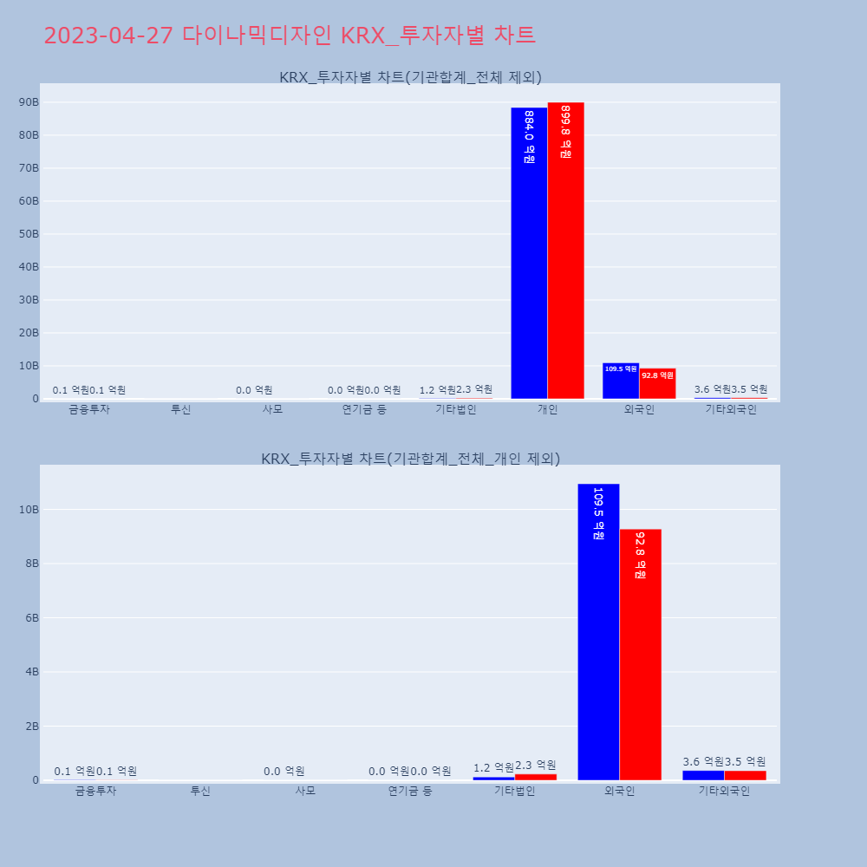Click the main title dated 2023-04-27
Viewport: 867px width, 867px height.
point(290,36)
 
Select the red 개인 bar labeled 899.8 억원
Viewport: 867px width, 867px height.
point(565,251)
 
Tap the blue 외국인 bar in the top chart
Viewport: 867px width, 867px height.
point(621,381)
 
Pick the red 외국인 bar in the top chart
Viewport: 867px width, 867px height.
point(657,384)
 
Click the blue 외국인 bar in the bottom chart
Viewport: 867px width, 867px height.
point(598,632)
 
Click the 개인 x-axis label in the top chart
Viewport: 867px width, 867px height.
point(547,410)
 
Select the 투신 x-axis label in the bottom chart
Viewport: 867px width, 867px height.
point(200,791)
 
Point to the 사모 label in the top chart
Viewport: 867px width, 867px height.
point(272,410)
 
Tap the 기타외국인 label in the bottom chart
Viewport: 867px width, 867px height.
point(724,791)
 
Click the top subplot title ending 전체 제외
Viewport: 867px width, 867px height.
point(410,77)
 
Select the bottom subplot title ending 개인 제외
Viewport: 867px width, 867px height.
point(410,459)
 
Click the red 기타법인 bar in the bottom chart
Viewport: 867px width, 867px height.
point(536,777)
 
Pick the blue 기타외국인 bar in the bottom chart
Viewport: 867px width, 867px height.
point(703,775)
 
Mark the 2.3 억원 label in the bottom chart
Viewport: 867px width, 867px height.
point(536,765)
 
